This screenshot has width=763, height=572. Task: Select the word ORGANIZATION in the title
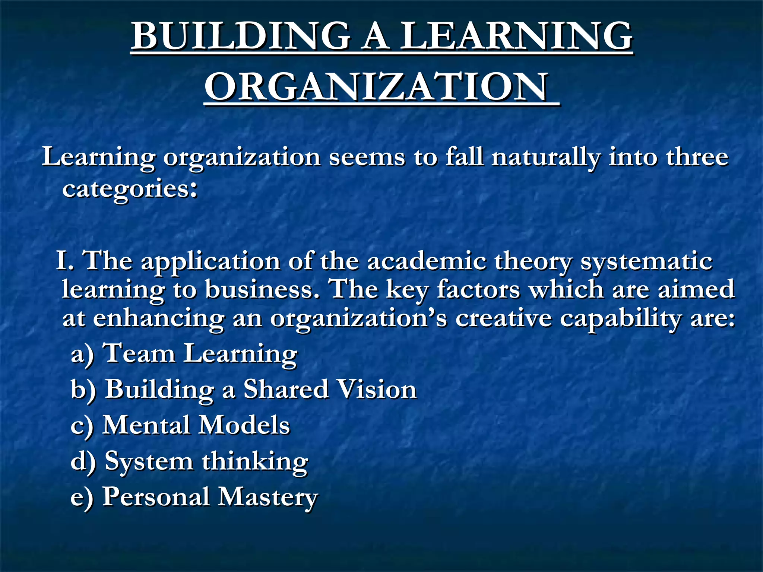[377, 87]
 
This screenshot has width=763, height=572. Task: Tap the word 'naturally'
[545, 158]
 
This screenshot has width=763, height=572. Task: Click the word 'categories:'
[130, 189]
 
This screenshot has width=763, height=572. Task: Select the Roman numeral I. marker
[64, 260]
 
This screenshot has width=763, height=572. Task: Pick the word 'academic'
[427, 261]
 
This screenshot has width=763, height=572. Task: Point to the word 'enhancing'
[158, 319]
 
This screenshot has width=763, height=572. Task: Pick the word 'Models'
[244, 425]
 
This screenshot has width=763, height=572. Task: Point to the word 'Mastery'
[267, 498]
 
